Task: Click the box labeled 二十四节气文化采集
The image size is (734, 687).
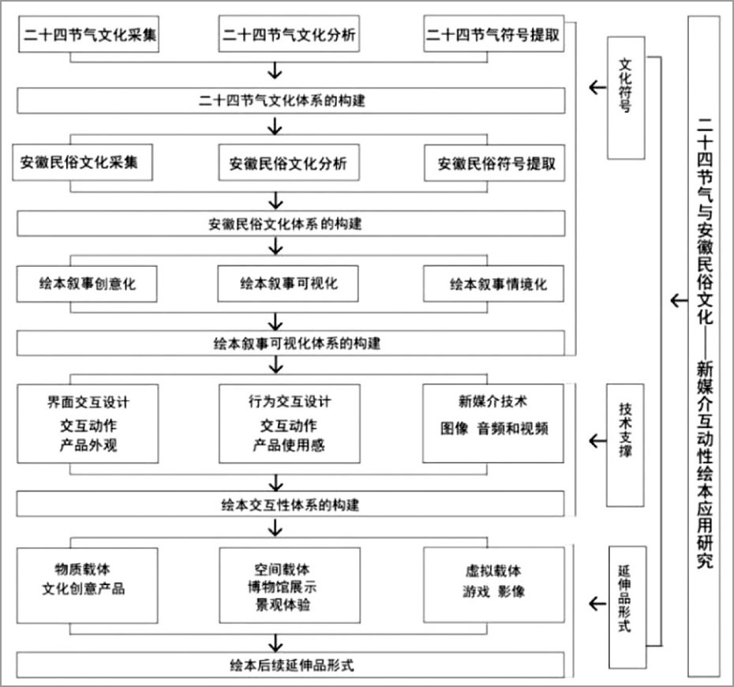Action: [x=88, y=34]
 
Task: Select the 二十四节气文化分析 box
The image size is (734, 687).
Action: [x=289, y=34]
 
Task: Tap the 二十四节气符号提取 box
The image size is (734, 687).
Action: [x=494, y=34]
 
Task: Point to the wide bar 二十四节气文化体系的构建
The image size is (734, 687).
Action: [x=290, y=101]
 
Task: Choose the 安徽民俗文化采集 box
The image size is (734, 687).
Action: [x=82, y=163]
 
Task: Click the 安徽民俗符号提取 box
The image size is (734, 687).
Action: [x=494, y=163]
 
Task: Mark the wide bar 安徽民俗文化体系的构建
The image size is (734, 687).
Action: [x=290, y=223]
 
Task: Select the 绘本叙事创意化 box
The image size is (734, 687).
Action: [x=87, y=283]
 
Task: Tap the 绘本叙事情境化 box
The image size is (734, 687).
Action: [x=493, y=283]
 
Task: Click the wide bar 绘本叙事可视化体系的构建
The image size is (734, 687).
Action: [x=290, y=343]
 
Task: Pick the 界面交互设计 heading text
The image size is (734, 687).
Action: [x=88, y=402]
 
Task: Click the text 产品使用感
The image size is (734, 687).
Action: [x=289, y=445]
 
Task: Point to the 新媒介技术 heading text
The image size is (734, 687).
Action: [x=492, y=401]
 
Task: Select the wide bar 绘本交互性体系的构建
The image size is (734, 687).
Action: [x=290, y=505]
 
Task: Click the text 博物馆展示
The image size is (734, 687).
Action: [x=283, y=587]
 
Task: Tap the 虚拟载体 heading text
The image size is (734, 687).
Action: [x=493, y=571]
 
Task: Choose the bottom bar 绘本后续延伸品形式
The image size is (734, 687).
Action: [x=290, y=666]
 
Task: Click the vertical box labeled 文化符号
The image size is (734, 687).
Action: [x=626, y=98]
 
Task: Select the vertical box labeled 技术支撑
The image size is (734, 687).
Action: [x=625, y=445]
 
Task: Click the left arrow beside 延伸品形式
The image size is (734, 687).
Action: [x=597, y=603]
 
